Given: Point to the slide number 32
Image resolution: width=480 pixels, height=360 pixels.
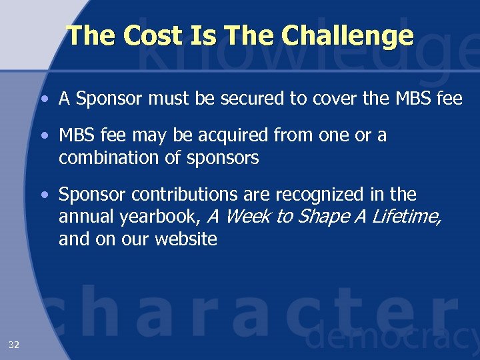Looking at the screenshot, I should point(13,345).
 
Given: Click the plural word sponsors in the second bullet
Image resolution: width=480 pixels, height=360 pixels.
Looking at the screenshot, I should point(225,159).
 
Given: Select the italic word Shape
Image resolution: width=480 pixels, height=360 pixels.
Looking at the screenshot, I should point(318,217).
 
